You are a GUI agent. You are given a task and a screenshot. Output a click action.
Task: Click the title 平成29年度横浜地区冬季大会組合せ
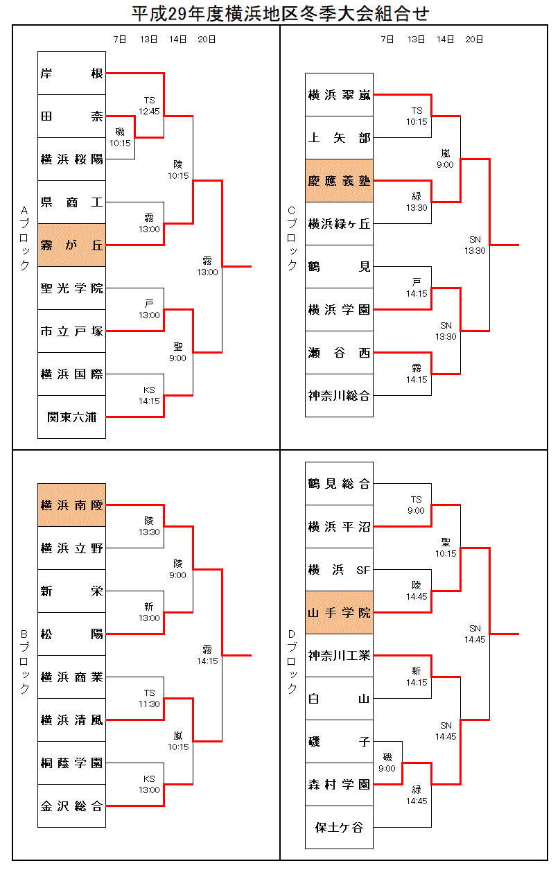pyautogui.click(x=280, y=12)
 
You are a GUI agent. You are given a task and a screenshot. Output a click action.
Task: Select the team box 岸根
pyautogui.click(x=71, y=73)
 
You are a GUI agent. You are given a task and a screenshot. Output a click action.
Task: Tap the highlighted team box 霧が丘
pyautogui.click(x=71, y=245)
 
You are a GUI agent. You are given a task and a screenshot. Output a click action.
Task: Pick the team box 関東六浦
pyautogui.click(x=71, y=417)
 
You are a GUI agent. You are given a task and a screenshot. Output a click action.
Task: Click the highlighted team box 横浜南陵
pyautogui.click(x=71, y=505)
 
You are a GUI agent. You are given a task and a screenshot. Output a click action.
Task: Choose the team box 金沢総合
pyautogui.click(x=71, y=806)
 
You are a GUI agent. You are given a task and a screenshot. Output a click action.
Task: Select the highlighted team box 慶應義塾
pyautogui.click(x=339, y=181)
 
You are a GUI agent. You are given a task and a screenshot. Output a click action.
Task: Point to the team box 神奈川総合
pyautogui.click(x=339, y=396)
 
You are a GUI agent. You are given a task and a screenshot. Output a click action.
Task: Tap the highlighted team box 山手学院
pyautogui.click(x=339, y=613)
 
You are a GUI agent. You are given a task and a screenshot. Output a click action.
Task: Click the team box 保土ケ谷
pyautogui.click(x=339, y=827)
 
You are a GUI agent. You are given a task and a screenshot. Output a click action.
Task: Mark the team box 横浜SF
pyautogui.click(x=339, y=570)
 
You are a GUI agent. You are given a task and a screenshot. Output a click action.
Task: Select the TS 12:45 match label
pyautogui.click(x=149, y=105)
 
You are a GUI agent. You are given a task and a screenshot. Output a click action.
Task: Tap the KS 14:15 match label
pyautogui.click(x=149, y=395)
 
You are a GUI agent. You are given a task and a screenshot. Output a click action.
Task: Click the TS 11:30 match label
pyautogui.click(x=149, y=698)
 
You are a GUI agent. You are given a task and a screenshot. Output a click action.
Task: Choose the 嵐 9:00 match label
pyautogui.click(x=445, y=159)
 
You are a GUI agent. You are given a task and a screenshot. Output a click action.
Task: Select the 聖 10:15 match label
pyautogui.click(x=445, y=548)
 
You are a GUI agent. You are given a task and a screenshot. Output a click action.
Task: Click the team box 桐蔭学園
pyautogui.click(x=71, y=763)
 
